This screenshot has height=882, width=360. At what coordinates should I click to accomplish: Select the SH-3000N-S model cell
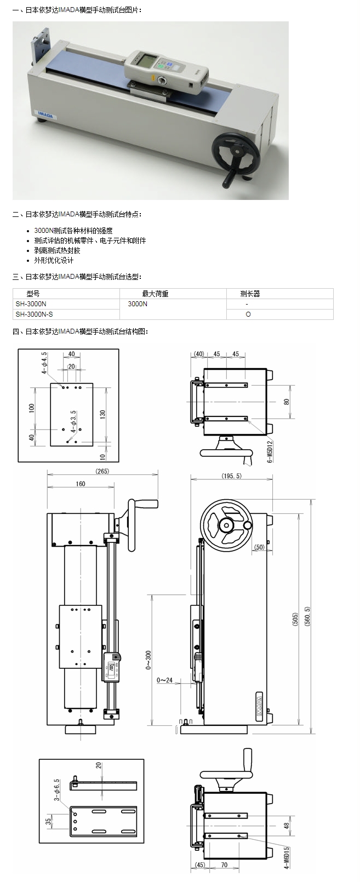tap(35, 314)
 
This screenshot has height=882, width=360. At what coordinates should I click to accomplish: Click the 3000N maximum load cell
tap(138, 303)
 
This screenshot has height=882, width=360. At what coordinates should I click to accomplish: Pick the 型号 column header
tap(33, 294)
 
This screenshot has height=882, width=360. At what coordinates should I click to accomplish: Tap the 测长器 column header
tap(250, 294)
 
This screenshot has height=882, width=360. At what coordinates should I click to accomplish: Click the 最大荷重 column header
tap(156, 294)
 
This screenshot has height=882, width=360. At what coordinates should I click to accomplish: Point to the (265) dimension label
tap(102, 471)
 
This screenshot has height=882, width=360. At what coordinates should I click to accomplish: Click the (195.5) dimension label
tap(231, 476)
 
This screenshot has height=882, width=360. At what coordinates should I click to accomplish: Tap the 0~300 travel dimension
tap(148, 660)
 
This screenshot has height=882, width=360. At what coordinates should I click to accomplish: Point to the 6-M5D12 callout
tap(270, 450)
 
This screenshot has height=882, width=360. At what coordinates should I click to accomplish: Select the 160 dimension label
tap(81, 484)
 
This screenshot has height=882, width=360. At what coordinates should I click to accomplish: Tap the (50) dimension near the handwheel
tap(259, 547)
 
